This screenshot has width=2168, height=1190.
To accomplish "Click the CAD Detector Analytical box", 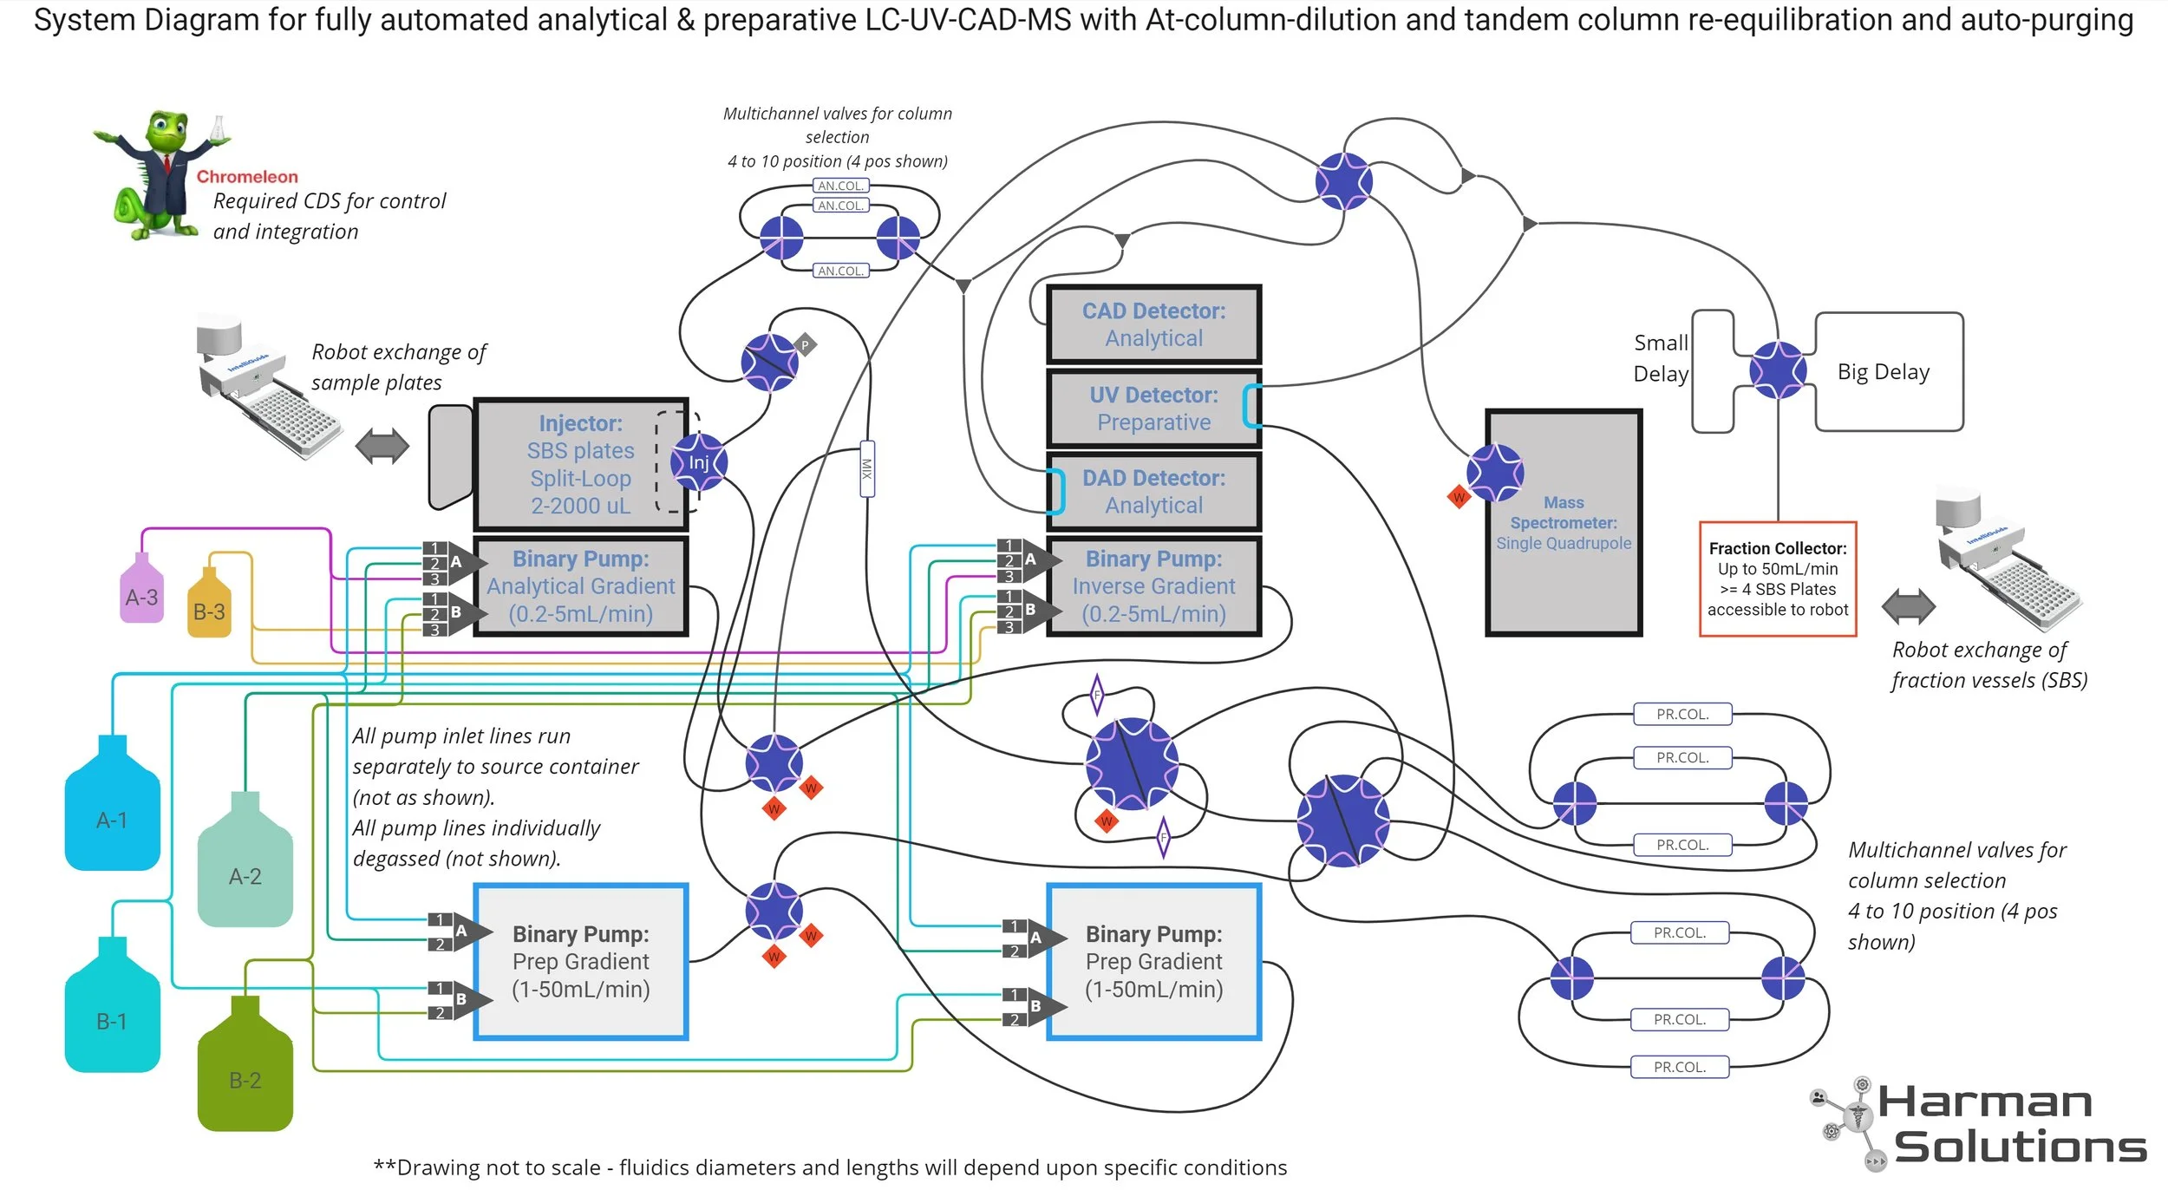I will point(1153,324).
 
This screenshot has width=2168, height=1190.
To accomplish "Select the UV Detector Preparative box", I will point(1153,409).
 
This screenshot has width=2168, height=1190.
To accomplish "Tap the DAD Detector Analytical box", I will point(1153,492).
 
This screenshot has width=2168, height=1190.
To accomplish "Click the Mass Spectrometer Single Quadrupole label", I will point(1563,523).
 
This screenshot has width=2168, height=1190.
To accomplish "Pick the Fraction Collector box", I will point(1777,579).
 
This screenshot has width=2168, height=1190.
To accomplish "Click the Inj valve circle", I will point(698,462).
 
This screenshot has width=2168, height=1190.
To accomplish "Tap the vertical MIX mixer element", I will point(866,468).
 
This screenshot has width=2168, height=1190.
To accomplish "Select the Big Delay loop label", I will point(1883,372).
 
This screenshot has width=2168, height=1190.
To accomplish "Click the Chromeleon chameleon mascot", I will point(160,173).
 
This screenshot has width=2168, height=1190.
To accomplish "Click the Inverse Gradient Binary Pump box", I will point(1153,586).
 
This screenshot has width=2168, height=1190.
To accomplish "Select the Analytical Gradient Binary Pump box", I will point(580,586).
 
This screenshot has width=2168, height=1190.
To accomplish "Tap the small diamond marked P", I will point(805,345).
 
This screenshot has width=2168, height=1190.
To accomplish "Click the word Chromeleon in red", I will point(246,177).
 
